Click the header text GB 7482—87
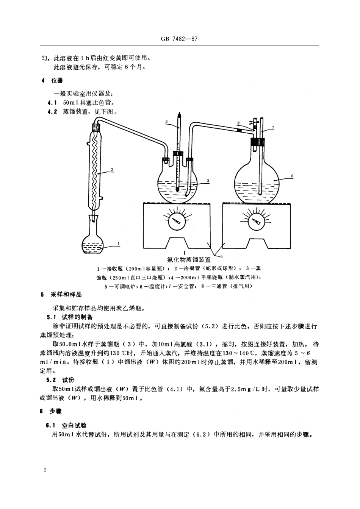(x=180, y=39)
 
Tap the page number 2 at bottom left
(x=45, y=470)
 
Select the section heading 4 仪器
(x=53, y=80)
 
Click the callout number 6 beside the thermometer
(x=166, y=122)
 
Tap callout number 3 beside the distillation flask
(x=208, y=181)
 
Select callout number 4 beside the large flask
(x=291, y=176)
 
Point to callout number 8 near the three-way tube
(x=238, y=123)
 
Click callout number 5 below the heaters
(x=221, y=256)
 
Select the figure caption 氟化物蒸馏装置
(x=189, y=260)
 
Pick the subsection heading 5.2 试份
(x=61, y=380)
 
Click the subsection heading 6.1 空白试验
(x=67, y=425)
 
